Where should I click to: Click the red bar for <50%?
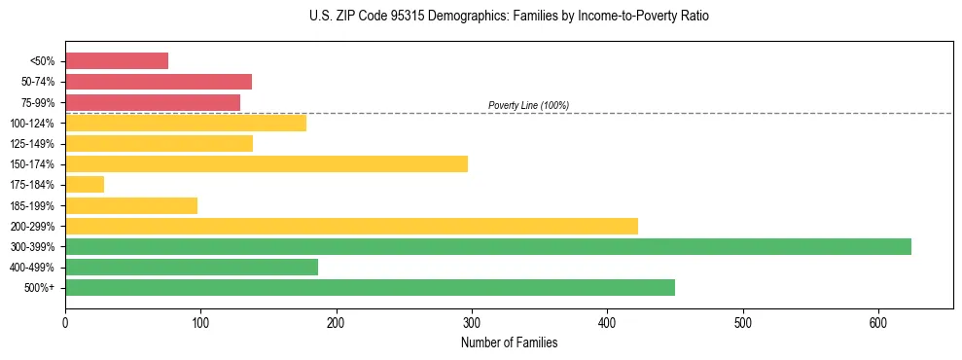(x=117, y=61)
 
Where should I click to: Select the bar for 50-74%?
(x=159, y=82)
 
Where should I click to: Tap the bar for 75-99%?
(x=153, y=102)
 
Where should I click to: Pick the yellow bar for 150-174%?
(x=267, y=163)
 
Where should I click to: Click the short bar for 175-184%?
(x=85, y=185)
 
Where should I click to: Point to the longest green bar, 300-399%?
(x=488, y=247)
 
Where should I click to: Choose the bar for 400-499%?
(x=192, y=268)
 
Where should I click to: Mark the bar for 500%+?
(x=370, y=288)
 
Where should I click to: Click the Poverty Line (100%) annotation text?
(x=528, y=105)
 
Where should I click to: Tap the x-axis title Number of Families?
(x=509, y=343)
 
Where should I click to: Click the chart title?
(x=509, y=17)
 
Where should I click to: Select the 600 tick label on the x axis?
(x=878, y=322)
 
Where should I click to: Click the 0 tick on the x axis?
(x=65, y=322)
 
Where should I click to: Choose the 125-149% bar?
(x=159, y=144)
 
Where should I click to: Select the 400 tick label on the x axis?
(x=607, y=322)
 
